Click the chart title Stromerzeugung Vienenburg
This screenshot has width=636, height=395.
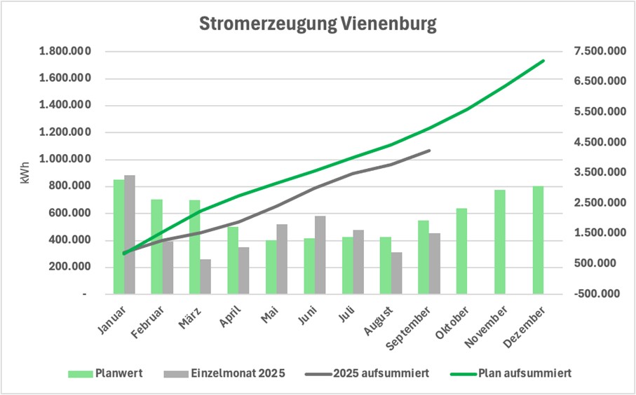pos(318,24)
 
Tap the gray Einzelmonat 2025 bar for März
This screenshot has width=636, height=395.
pos(205,277)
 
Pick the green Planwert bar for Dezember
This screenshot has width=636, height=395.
pos(537,240)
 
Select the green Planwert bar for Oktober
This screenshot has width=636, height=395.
pos(461,251)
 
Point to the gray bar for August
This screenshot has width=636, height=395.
pos(396,273)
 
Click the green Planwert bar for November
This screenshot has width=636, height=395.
pos(499,242)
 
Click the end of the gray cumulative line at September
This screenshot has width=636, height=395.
pos(429,150)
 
